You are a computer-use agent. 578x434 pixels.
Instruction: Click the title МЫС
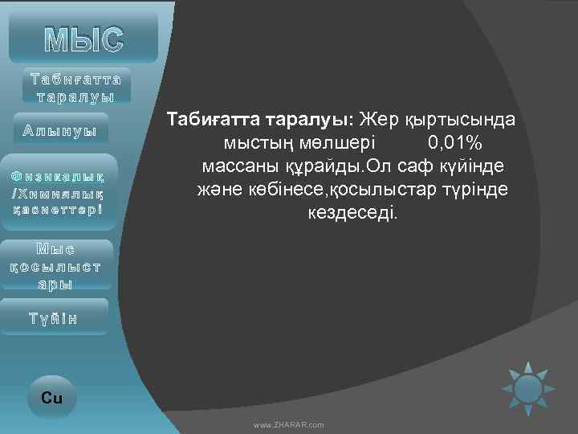coord(84,36)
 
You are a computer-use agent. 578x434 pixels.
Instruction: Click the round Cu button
coord(51,398)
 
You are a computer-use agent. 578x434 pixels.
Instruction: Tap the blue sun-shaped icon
coord(528,389)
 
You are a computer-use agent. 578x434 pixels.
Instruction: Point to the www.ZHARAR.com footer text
coord(288,424)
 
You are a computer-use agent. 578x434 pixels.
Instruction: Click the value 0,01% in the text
coord(454,143)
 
